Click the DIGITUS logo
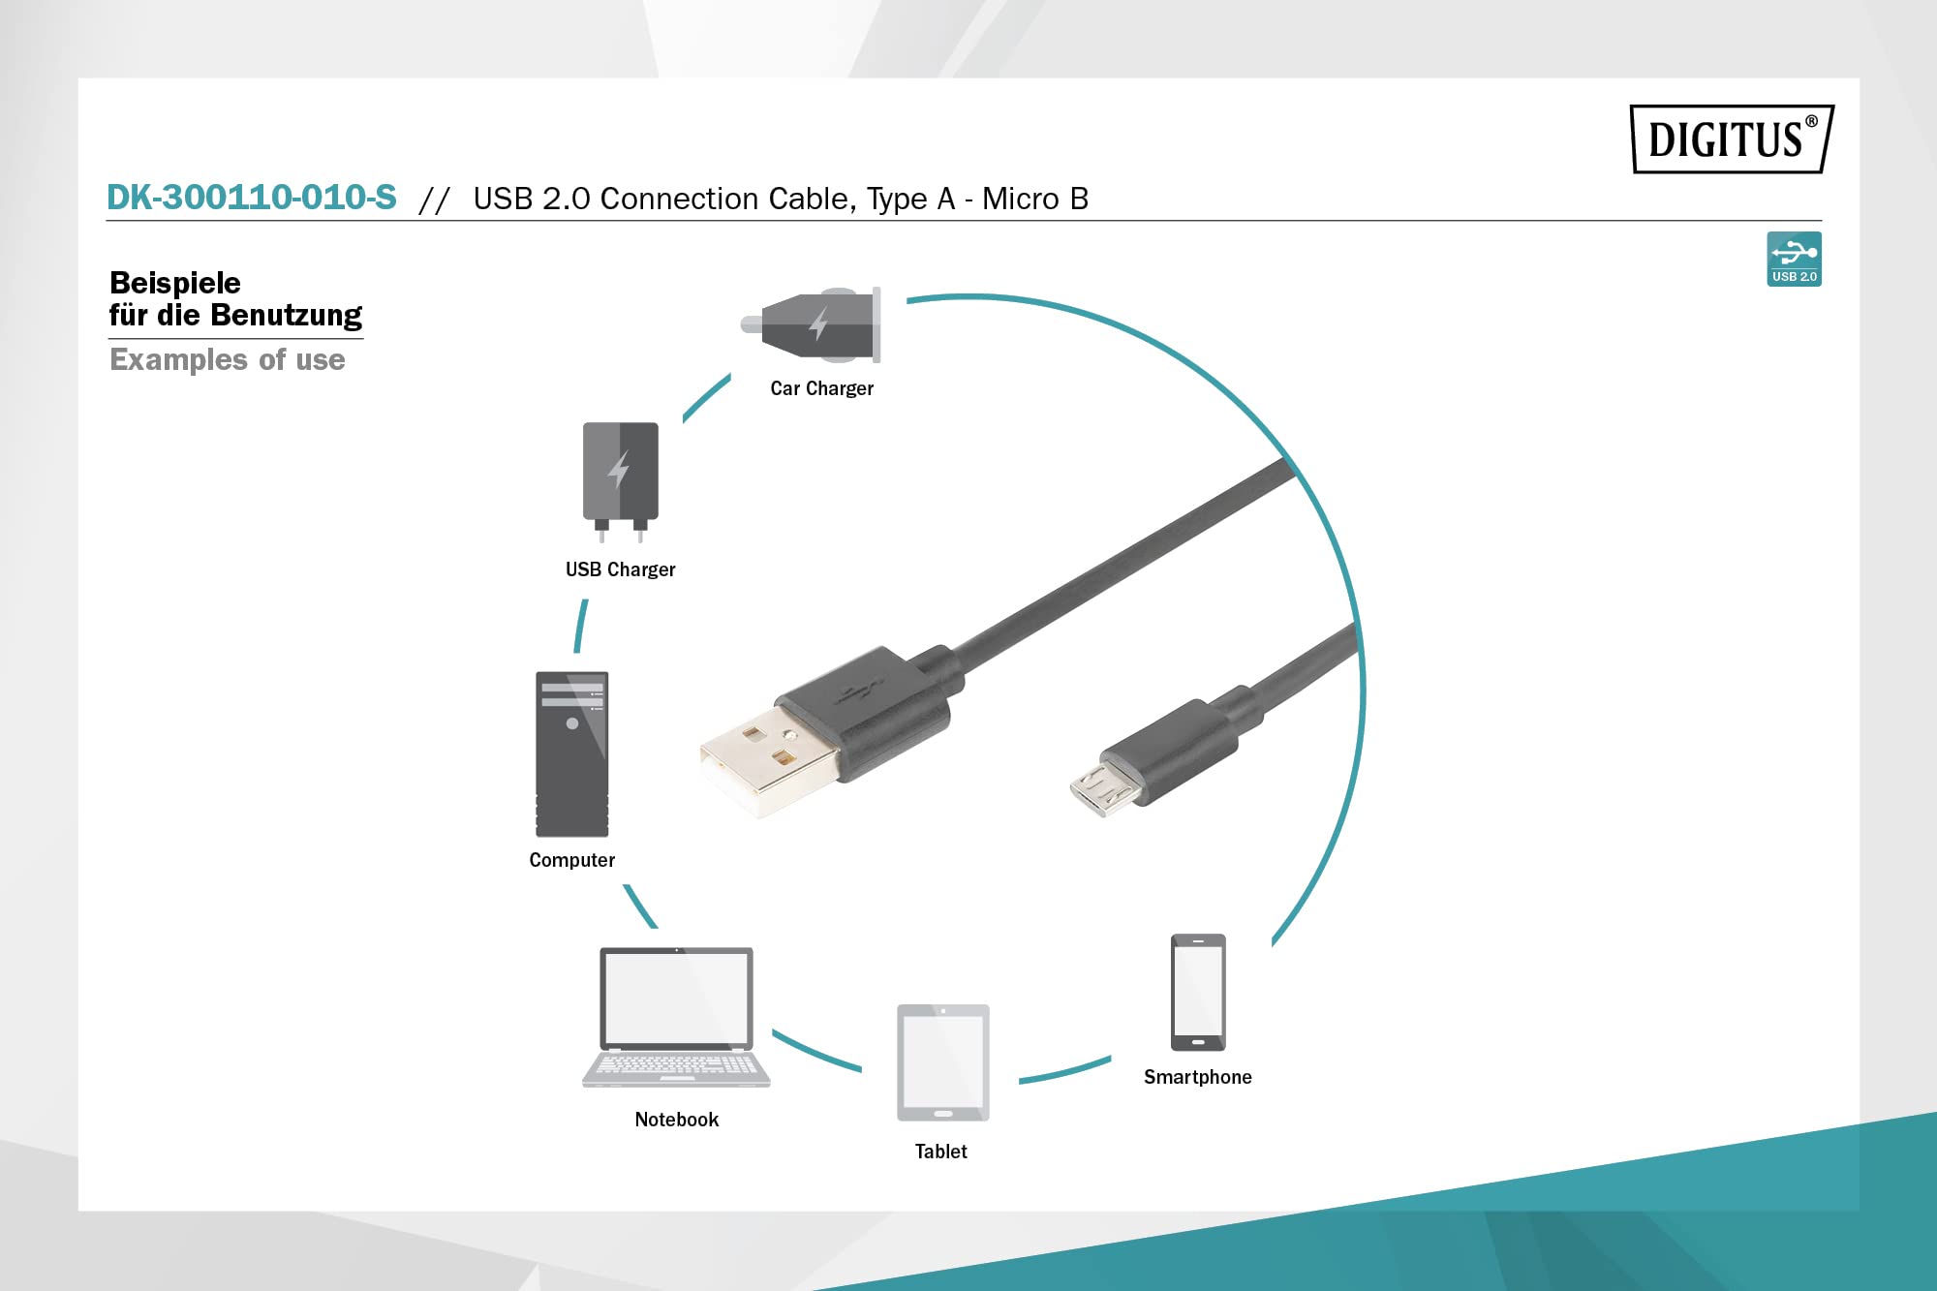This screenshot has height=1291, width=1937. (1732, 138)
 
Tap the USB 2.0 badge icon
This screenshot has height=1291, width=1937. (1794, 259)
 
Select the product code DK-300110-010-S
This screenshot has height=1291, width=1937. (252, 197)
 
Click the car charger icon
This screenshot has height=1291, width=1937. (811, 324)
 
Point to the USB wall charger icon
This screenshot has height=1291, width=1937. (620, 481)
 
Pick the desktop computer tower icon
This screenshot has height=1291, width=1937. (572, 753)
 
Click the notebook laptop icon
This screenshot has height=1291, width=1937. (676, 1017)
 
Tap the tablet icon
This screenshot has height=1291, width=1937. (943, 1062)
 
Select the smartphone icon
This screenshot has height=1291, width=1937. (1198, 992)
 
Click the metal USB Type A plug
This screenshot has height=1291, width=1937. (769, 761)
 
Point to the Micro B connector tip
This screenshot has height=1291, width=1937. (1102, 788)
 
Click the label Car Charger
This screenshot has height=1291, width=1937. (821, 388)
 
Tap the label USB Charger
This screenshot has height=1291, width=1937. (620, 569)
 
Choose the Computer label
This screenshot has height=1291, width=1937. (571, 860)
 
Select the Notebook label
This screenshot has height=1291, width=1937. (676, 1120)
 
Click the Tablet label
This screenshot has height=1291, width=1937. (940, 1152)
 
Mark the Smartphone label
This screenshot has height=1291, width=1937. (1197, 1077)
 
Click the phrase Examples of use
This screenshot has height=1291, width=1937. (228, 359)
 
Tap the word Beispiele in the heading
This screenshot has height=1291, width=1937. (175, 283)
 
